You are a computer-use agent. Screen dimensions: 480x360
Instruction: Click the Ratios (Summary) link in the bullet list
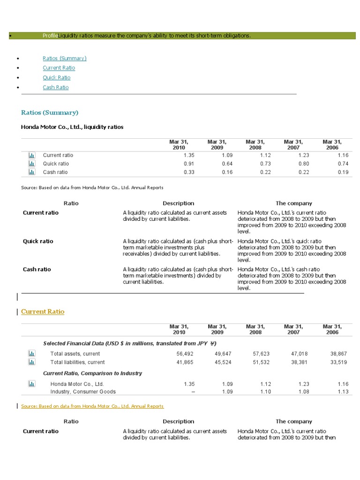[x=64, y=58]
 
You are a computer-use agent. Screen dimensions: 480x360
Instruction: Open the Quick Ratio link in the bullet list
[x=56, y=77]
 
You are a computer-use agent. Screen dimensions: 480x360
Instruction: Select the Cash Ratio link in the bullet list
[x=55, y=87]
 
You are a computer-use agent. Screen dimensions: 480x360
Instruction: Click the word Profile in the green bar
[x=50, y=36]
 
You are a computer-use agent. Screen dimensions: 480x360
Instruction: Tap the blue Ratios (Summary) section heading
[x=50, y=112]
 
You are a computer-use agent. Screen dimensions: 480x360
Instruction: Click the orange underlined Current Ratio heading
[x=43, y=311]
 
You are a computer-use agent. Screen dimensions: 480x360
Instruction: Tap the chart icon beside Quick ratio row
[x=31, y=164]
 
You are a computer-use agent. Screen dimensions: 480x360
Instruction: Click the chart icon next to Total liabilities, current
[x=31, y=362]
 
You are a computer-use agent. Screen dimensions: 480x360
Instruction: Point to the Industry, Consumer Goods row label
[x=83, y=391]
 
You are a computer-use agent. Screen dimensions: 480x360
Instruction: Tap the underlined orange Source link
[x=92, y=406]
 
